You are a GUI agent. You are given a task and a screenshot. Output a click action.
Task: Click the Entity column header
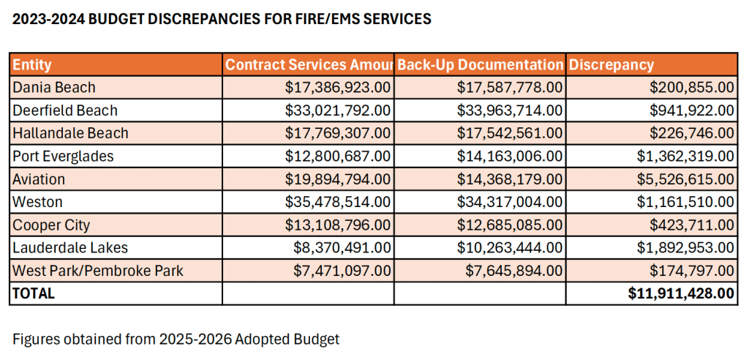pos(32,64)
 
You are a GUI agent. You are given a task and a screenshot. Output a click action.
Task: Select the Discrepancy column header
pos(611,64)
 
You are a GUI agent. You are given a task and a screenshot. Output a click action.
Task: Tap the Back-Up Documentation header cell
pos(480,64)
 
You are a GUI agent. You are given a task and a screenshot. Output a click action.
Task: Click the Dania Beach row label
pos(54,87)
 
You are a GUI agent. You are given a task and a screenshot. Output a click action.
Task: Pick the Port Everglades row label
pos(63,156)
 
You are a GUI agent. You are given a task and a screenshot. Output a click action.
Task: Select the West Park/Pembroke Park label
pos(98,271)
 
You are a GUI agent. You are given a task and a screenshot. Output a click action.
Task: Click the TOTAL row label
pos(34,293)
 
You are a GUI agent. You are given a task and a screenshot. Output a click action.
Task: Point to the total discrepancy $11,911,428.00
pos(680,293)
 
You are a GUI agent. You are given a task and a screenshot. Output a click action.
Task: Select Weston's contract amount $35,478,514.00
pos(339,202)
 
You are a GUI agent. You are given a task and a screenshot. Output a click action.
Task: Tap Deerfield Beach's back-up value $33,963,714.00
pos(511,110)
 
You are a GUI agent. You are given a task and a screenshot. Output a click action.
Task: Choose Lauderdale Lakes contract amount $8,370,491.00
pos(342,248)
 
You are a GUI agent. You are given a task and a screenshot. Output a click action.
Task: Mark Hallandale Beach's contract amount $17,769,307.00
pos(339,133)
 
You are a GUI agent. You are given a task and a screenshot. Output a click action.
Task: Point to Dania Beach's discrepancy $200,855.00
pos(691,87)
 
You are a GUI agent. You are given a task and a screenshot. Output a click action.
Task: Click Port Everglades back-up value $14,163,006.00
pos(511,156)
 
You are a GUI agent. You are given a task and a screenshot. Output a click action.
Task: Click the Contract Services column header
pos(308,64)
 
